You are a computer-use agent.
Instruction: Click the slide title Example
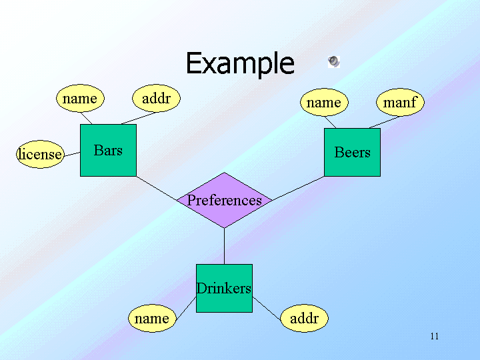[240, 64]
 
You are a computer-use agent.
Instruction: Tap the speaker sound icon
[334, 61]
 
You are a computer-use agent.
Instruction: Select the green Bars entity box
[108, 150]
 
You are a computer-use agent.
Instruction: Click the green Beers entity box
[352, 152]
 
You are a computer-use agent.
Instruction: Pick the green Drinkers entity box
[224, 288]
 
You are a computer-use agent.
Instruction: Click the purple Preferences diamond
[225, 200]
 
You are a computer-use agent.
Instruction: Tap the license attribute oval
[40, 154]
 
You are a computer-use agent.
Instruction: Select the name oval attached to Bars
[80, 98]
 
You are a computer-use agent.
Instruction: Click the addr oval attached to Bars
[156, 98]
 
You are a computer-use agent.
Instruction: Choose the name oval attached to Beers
[324, 102]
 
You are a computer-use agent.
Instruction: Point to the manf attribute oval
[400, 102]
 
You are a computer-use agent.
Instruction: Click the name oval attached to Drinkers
[152, 318]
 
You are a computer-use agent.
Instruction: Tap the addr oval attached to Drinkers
[304, 318]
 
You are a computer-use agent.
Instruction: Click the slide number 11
[435, 336]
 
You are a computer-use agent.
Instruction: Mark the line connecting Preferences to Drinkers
[225, 246]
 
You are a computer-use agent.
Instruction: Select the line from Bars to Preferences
[157, 188]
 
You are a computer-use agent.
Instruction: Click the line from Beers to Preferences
[298, 189]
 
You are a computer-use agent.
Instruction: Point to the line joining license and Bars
[72, 154]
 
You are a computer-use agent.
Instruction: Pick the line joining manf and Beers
[385, 122]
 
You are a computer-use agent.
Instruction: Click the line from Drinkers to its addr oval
[267, 309]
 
